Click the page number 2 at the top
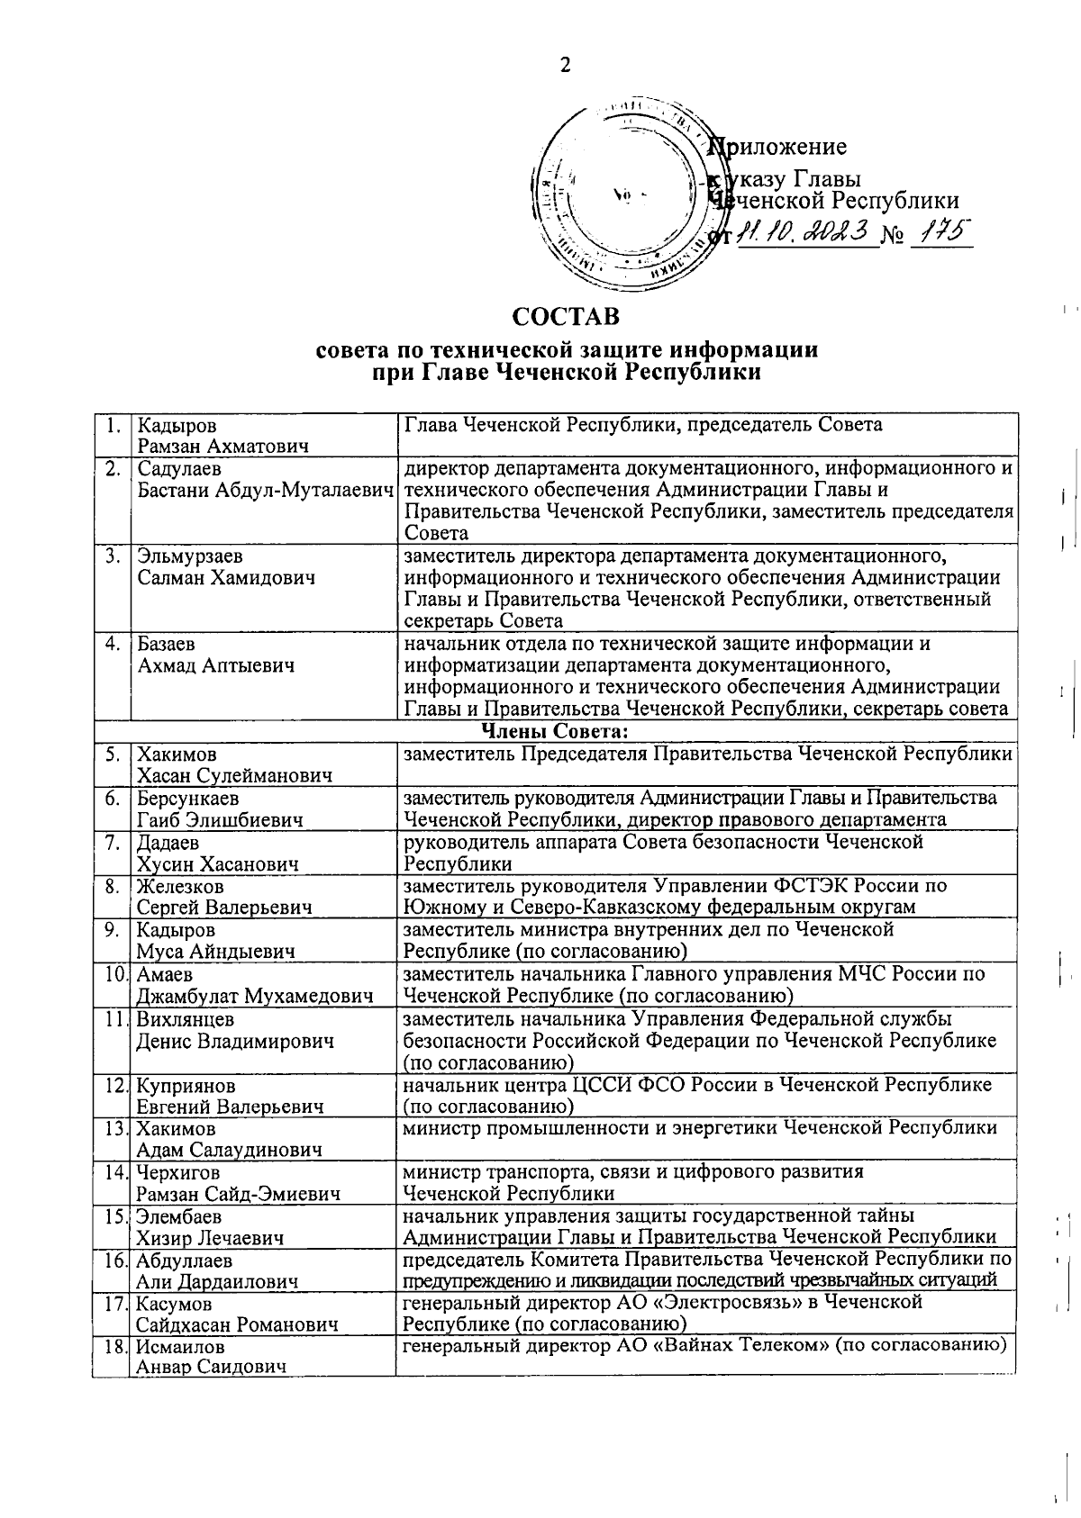click(565, 65)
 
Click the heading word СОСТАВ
click(566, 317)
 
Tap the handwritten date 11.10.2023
click(804, 234)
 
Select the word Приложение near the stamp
click(779, 147)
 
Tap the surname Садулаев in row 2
click(179, 469)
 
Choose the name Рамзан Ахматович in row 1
click(223, 447)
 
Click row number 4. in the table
click(113, 645)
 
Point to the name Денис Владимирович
click(235, 1042)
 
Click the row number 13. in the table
click(113, 1129)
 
